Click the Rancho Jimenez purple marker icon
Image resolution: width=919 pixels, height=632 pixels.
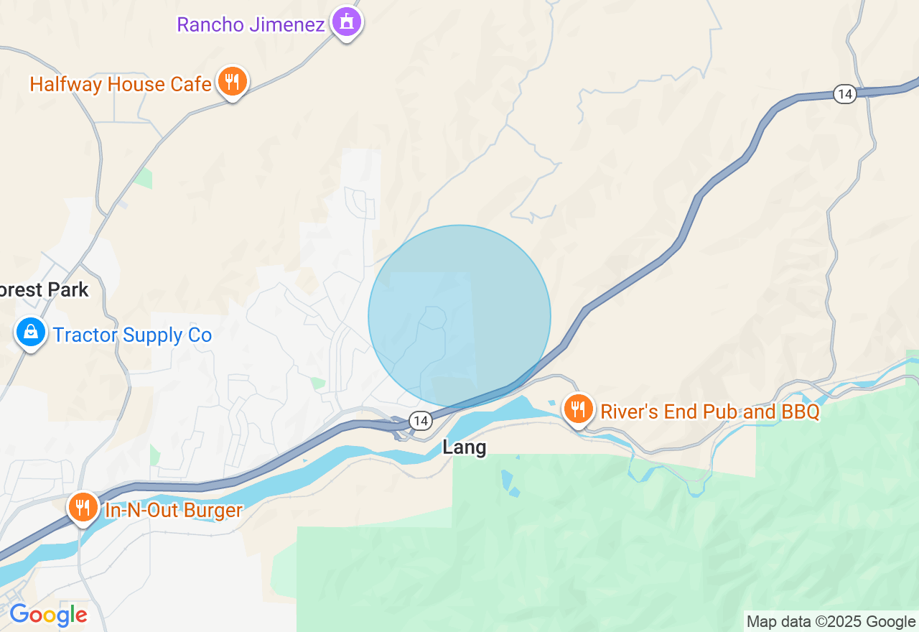pyautogui.click(x=347, y=22)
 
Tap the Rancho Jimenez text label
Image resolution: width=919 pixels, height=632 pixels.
pyautogui.click(x=251, y=24)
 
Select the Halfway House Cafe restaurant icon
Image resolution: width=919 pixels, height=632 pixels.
pyautogui.click(x=231, y=82)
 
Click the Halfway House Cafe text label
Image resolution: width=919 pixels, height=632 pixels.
pyautogui.click(x=121, y=84)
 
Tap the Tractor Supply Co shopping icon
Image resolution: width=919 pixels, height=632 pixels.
pyautogui.click(x=31, y=333)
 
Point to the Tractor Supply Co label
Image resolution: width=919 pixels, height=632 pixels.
pyautogui.click(x=132, y=335)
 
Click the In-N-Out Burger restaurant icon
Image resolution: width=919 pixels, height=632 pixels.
pyautogui.click(x=84, y=508)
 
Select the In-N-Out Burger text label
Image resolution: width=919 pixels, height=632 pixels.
pyautogui.click(x=174, y=511)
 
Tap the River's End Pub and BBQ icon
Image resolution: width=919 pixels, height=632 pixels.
pyautogui.click(x=577, y=409)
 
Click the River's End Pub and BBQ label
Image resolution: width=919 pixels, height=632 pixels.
pyautogui.click(x=709, y=412)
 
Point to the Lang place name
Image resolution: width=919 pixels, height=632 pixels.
pyautogui.click(x=465, y=447)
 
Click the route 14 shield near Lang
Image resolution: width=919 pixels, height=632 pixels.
pyautogui.click(x=420, y=420)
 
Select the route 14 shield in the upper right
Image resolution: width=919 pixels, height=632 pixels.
pyautogui.click(x=845, y=93)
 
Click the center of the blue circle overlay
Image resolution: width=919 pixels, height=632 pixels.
pyautogui.click(x=459, y=316)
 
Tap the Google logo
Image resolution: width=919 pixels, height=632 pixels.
pyautogui.click(x=48, y=615)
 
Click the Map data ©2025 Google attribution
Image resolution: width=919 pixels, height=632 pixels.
pyautogui.click(x=831, y=622)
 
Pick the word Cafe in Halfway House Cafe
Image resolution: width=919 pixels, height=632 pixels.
pyautogui.click(x=190, y=84)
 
